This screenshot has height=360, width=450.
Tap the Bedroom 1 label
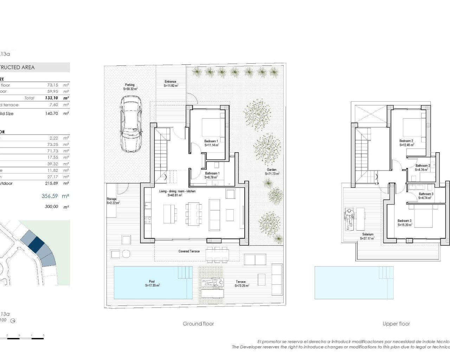click(x=211, y=141)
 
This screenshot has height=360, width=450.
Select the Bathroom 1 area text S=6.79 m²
click(x=212, y=178)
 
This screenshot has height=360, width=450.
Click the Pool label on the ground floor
click(x=152, y=282)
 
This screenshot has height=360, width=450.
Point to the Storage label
click(x=111, y=199)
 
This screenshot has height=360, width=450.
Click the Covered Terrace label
click(x=189, y=251)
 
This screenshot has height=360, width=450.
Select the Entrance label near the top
click(x=171, y=82)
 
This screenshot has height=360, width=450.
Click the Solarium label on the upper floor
click(x=368, y=234)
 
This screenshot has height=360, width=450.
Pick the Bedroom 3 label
click(x=405, y=221)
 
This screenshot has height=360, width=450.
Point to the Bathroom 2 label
click(x=423, y=166)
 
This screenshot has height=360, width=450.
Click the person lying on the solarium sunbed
click(x=348, y=219)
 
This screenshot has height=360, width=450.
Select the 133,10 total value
click(x=51, y=98)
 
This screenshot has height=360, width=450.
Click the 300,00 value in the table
click(x=51, y=207)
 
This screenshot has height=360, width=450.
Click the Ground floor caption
click(x=198, y=324)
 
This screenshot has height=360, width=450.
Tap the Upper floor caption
click(x=396, y=324)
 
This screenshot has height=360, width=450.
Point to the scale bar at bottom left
click(x=25, y=338)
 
